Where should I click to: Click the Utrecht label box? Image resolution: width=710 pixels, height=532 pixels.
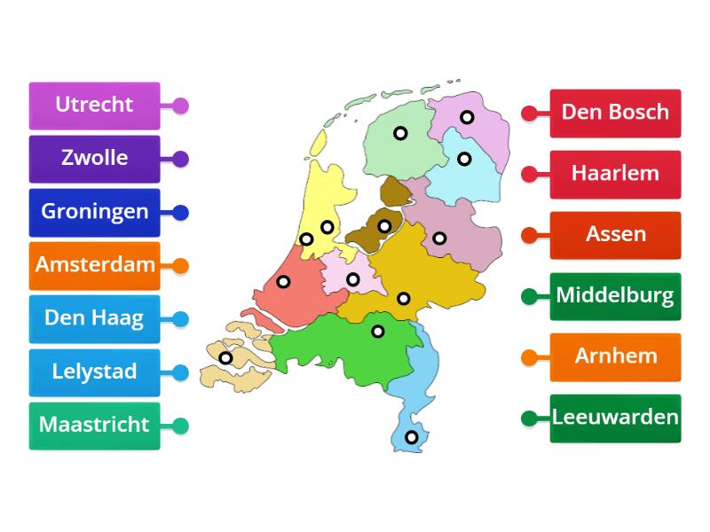[94, 106]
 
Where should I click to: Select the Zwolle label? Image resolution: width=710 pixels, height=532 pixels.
[94, 159]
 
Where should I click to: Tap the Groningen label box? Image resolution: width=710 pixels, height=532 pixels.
[94, 212]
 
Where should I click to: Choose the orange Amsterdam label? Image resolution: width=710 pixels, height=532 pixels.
[94, 265]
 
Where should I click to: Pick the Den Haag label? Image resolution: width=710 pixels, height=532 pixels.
[94, 318]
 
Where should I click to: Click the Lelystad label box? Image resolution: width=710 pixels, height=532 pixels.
[94, 372]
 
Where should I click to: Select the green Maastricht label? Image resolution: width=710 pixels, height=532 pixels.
[94, 425]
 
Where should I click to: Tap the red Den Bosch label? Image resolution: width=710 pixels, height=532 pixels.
[615, 113]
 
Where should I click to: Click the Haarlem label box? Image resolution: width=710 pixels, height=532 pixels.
[615, 174]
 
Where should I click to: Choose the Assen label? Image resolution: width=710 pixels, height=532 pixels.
[615, 235]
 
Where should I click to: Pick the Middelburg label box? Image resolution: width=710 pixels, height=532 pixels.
[615, 295]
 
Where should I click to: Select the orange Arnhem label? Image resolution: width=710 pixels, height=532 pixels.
[615, 356]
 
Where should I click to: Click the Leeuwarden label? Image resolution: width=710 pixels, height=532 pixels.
[615, 418]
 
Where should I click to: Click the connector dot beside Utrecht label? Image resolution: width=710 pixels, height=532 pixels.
[180, 106]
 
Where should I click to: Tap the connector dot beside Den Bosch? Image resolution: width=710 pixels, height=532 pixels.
[529, 113]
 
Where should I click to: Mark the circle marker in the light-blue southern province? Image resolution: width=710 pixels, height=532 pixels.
[411, 437]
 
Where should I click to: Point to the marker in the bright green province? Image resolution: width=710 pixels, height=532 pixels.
[378, 332]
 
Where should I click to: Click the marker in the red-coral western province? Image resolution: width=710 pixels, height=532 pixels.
[283, 282]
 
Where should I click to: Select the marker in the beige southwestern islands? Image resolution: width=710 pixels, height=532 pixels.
[225, 358]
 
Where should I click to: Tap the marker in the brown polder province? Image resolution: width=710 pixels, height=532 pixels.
[384, 226]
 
